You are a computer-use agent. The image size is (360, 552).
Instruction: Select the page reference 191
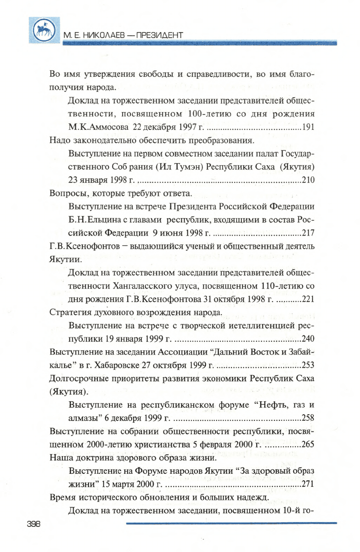tap(308, 127)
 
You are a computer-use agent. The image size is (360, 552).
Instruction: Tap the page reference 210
tap(308, 180)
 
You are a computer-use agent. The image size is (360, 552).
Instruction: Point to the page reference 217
tap(308, 233)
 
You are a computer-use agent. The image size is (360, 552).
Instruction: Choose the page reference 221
tap(308, 299)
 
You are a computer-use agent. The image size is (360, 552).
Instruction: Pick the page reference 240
tap(308, 338)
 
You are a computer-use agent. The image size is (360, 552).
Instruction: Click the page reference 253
tap(308, 364)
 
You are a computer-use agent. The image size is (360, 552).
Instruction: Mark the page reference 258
tap(308, 417)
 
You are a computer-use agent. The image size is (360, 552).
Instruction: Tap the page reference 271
tap(308, 484)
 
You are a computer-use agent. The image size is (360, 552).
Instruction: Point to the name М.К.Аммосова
tap(96, 127)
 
